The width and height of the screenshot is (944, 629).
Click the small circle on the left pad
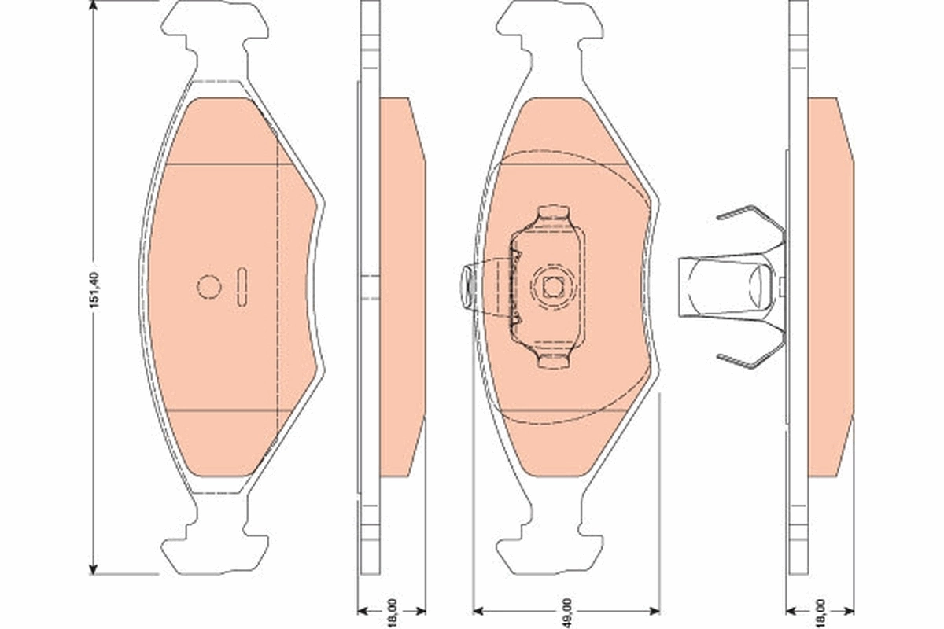[x=209, y=287]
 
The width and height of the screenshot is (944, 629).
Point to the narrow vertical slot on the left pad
[x=242, y=286]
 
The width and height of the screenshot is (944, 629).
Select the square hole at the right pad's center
[x=553, y=288]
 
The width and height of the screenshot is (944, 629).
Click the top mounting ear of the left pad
[x=215, y=24]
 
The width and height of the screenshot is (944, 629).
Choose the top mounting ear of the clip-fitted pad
[x=550, y=24]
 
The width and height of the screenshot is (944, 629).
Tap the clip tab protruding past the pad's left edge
[x=465, y=286]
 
